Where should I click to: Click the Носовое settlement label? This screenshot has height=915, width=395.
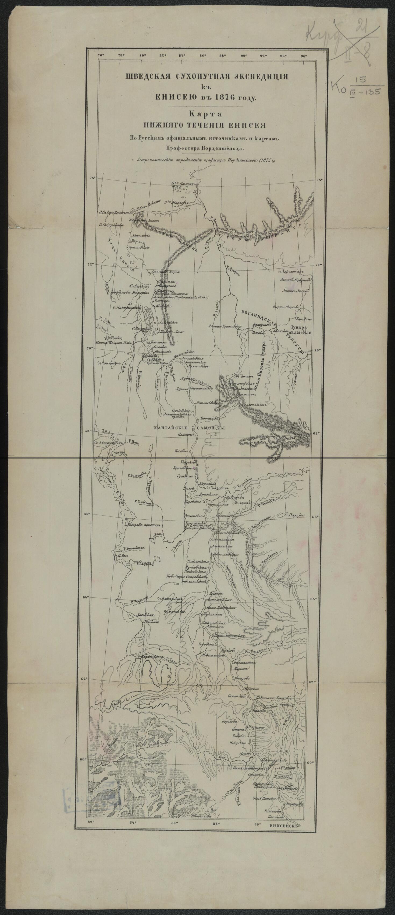point(181,452)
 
